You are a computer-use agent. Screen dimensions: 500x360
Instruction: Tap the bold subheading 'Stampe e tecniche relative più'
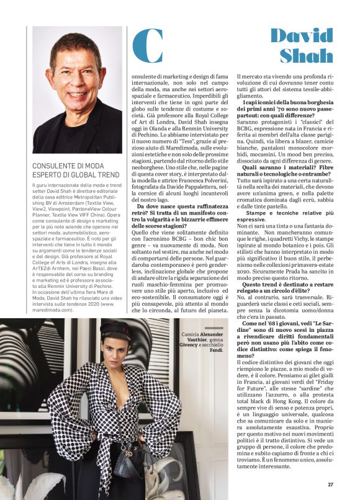tap(289, 212)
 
